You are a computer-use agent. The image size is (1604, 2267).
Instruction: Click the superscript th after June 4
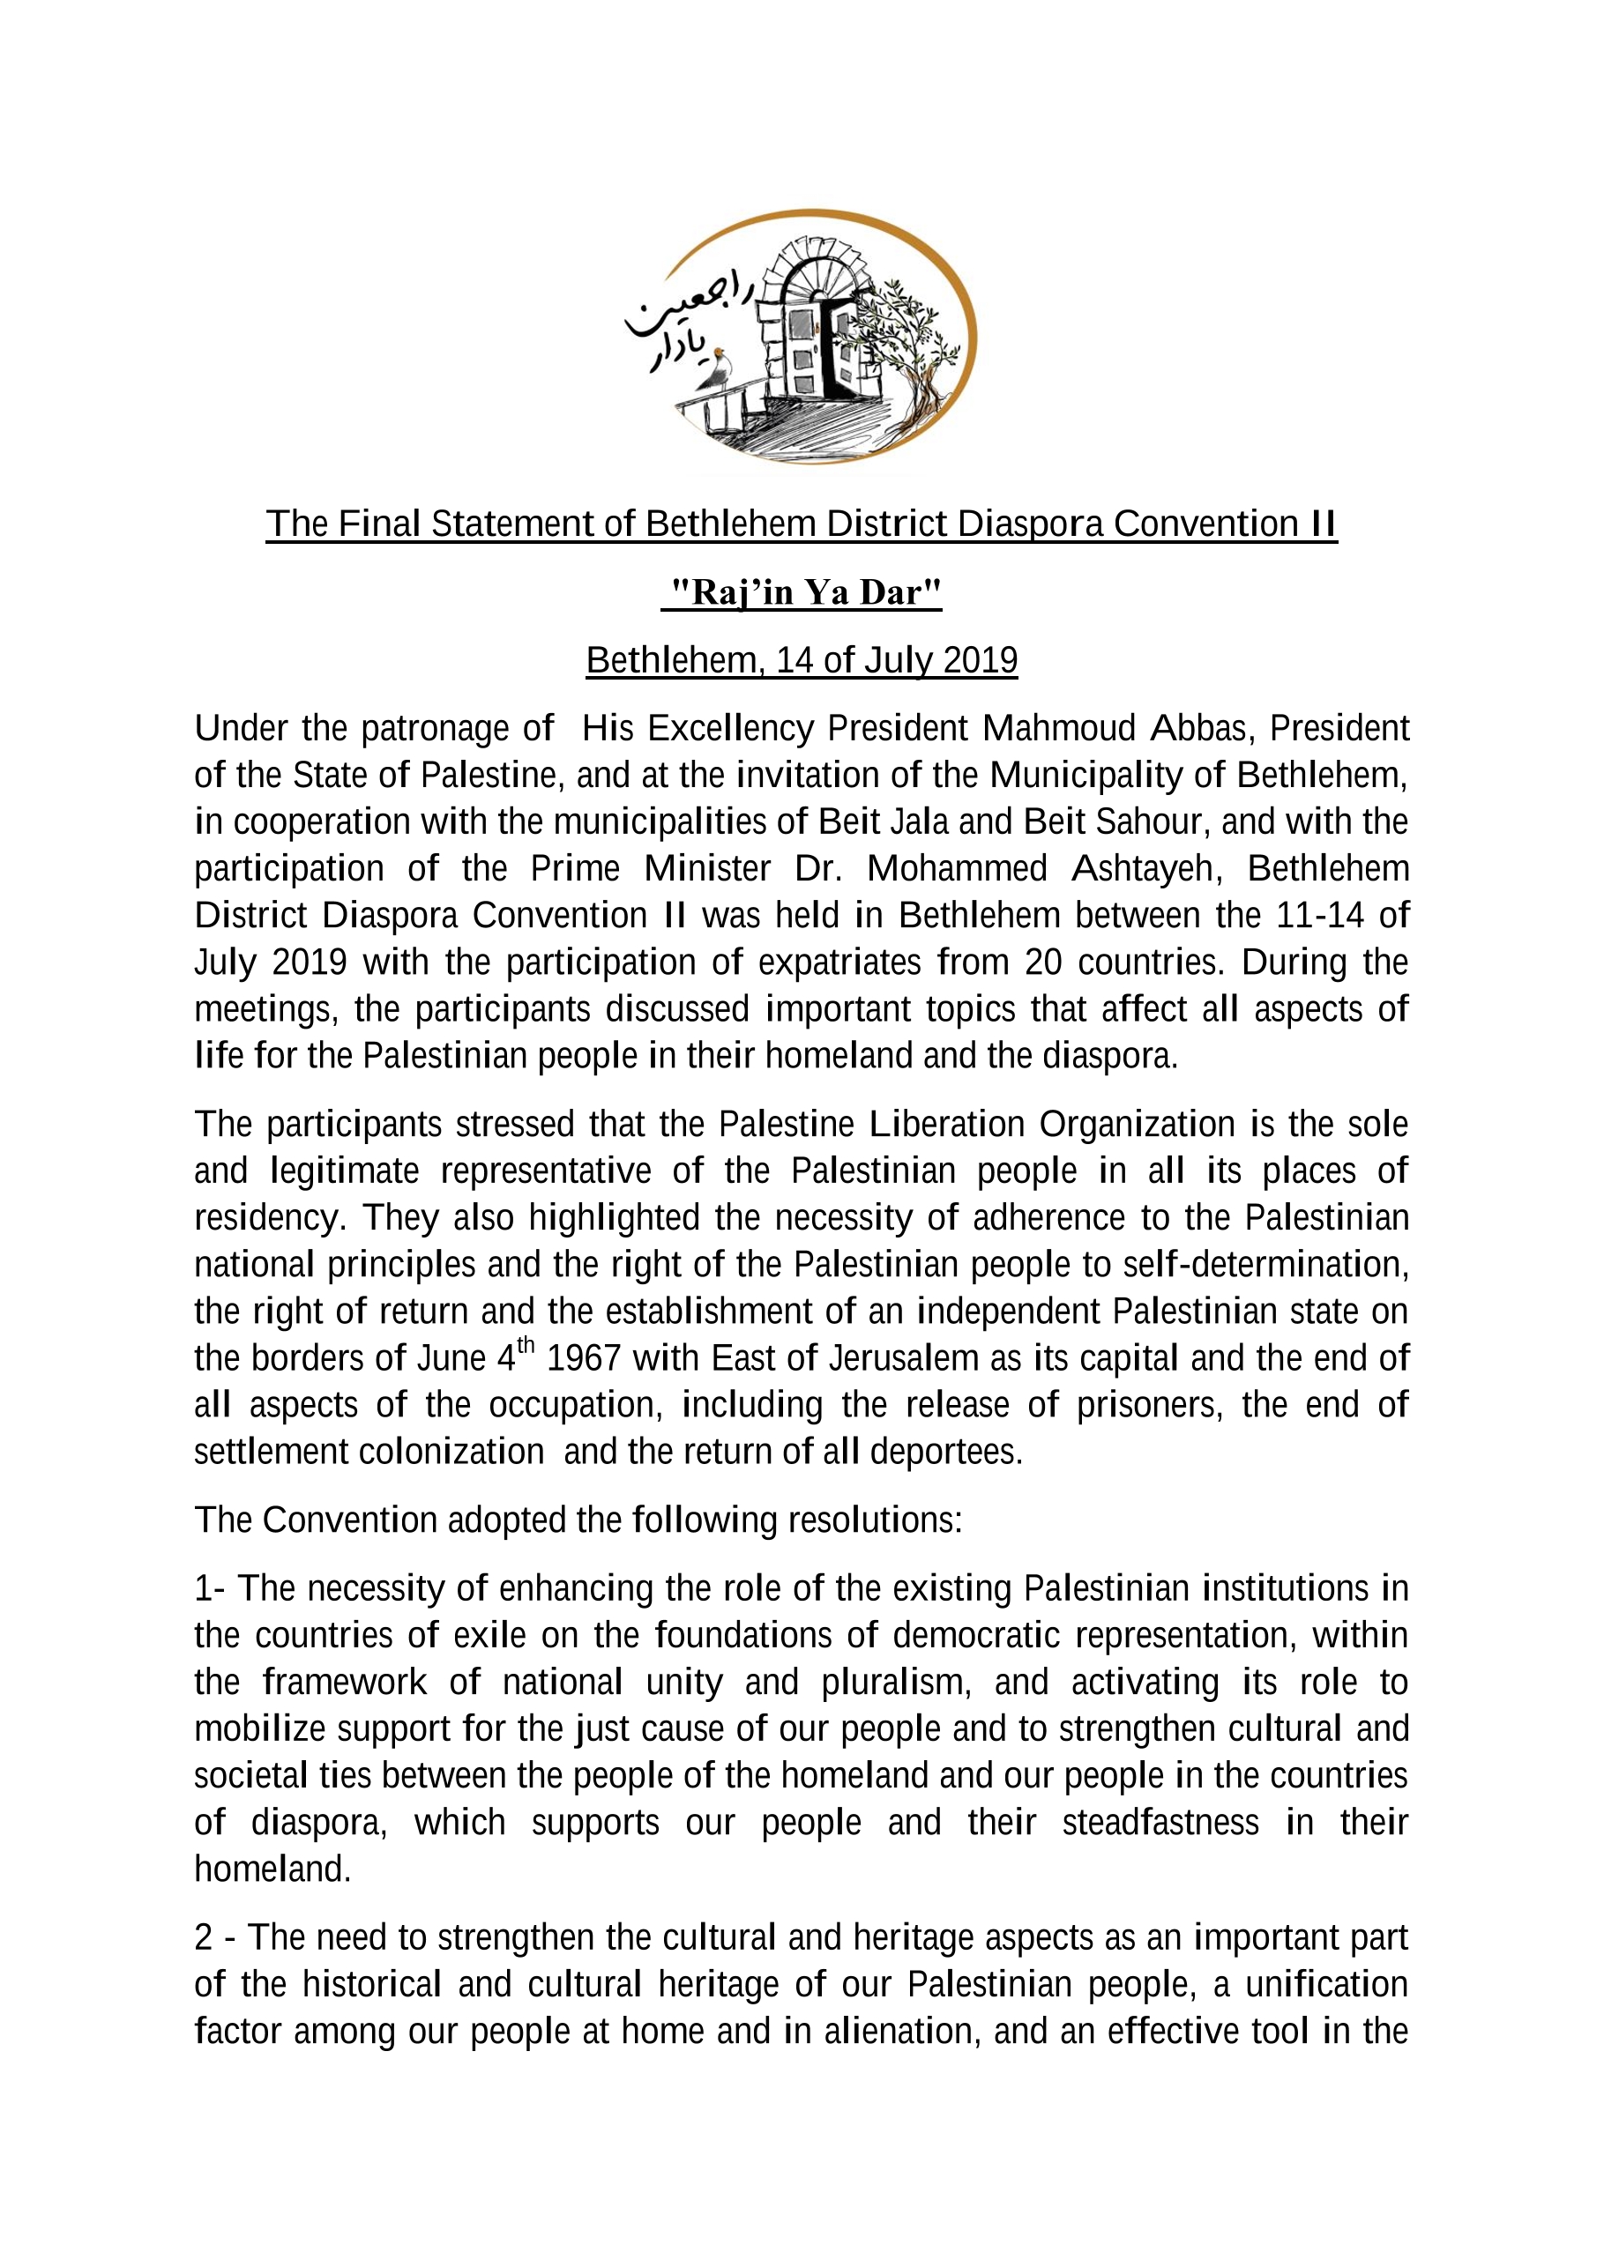tap(526, 1345)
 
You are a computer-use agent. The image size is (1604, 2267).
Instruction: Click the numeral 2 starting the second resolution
tap(204, 1937)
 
